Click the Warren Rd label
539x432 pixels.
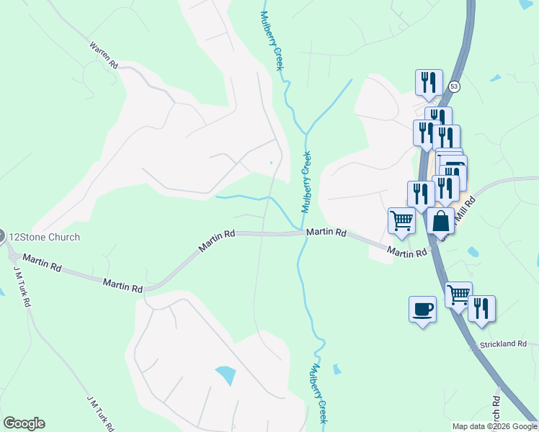(x=104, y=55)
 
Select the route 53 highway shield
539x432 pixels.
(x=453, y=86)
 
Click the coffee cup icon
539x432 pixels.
(x=422, y=310)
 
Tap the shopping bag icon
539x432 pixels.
(x=440, y=221)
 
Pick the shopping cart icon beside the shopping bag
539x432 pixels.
(x=401, y=221)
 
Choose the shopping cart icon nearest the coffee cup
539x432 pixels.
(x=458, y=294)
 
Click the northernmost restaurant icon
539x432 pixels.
(x=429, y=82)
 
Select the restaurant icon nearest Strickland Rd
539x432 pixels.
(x=481, y=307)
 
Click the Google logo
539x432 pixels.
(x=24, y=423)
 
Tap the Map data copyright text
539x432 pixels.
(x=494, y=426)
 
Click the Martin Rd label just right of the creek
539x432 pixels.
(x=326, y=233)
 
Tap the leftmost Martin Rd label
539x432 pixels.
(x=40, y=262)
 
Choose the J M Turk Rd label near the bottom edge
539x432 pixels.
(x=100, y=413)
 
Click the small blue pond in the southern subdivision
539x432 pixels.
(x=225, y=375)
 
